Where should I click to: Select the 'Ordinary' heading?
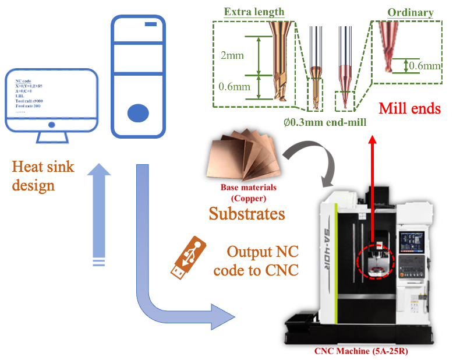point(411,12)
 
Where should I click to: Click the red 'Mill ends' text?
point(410,108)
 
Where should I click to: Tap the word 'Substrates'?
point(247,213)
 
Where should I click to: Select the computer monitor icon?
point(51,104)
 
